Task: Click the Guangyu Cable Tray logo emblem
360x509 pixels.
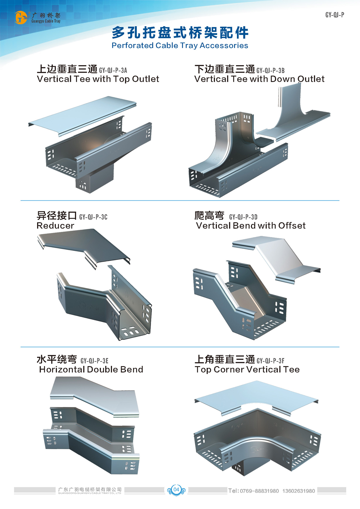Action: (x=21, y=17)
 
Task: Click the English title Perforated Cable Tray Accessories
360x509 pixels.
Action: (x=180, y=46)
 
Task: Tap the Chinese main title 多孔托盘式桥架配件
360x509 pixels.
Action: (x=180, y=33)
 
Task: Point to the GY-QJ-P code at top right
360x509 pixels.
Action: (x=334, y=15)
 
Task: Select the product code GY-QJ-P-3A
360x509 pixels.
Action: (x=113, y=70)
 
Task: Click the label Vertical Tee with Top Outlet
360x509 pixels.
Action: (x=98, y=79)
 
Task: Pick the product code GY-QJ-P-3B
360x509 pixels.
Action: (x=270, y=70)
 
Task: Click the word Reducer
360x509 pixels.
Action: (x=55, y=226)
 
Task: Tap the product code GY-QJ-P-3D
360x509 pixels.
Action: (x=243, y=217)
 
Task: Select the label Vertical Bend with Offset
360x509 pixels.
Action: (x=251, y=226)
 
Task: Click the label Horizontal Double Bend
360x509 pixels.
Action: (x=91, y=370)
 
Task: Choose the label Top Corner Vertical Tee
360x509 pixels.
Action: (x=247, y=370)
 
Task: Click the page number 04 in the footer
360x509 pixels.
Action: (x=176, y=490)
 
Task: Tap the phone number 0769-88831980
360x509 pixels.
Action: (x=259, y=491)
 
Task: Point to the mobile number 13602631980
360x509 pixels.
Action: (x=298, y=491)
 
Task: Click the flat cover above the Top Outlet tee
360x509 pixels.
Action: (x=83, y=115)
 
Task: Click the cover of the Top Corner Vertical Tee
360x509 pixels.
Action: (x=256, y=396)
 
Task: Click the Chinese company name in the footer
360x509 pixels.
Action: (x=90, y=489)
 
